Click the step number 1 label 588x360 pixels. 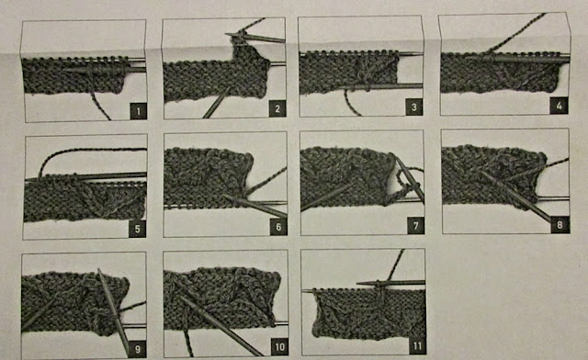(x=138, y=111)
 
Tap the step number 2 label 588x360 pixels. (x=277, y=108)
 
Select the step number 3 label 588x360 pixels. (x=414, y=107)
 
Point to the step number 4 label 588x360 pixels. (x=559, y=106)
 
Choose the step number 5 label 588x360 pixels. (x=137, y=229)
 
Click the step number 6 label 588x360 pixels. (x=277, y=227)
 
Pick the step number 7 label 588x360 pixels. (x=415, y=226)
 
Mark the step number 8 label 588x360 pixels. (x=560, y=225)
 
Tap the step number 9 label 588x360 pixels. (x=137, y=349)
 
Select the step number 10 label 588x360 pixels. (x=279, y=347)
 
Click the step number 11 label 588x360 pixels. (x=416, y=345)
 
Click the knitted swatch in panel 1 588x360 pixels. (x=75, y=75)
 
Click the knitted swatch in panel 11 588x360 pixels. (x=369, y=313)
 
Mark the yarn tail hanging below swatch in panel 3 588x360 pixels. (x=350, y=102)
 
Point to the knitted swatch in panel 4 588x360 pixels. (x=500, y=73)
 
